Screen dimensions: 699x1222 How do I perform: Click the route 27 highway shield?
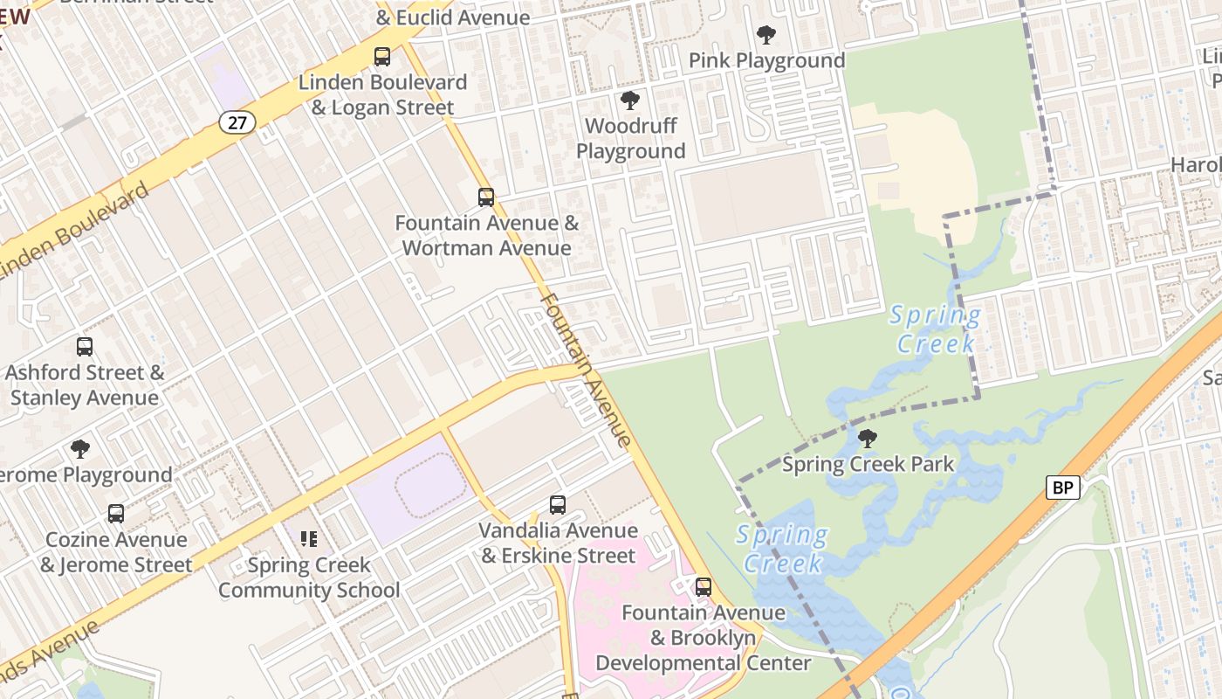tap(237, 122)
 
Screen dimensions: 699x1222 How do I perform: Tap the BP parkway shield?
tap(1062, 488)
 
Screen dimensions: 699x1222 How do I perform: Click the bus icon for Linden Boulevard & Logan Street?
tap(382, 57)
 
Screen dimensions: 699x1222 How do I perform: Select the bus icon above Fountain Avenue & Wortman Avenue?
tap(486, 197)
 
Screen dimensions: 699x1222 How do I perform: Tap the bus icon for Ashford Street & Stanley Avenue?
tap(85, 346)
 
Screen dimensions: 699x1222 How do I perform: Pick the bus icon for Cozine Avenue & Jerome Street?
tap(116, 513)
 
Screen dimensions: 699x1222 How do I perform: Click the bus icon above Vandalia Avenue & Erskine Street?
tap(558, 504)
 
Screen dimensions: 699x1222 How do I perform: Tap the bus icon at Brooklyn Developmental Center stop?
tap(704, 586)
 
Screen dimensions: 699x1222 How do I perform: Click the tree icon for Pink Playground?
tap(766, 35)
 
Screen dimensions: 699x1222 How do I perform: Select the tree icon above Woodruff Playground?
tap(629, 100)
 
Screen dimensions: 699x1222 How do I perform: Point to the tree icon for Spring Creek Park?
tap(867, 438)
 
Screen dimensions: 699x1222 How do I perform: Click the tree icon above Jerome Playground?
tap(80, 449)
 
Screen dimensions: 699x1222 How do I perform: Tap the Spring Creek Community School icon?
tap(308, 539)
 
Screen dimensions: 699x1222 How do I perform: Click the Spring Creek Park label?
tap(868, 464)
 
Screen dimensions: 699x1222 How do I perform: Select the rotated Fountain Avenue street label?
tap(585, 370)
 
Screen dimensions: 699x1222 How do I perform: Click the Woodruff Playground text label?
tap(630, 138)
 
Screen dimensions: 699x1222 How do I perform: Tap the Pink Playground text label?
tap(766, 60)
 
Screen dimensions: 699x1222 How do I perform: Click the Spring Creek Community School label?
tap(309, 578)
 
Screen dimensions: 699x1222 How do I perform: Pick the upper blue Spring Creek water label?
tap(935, 329)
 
